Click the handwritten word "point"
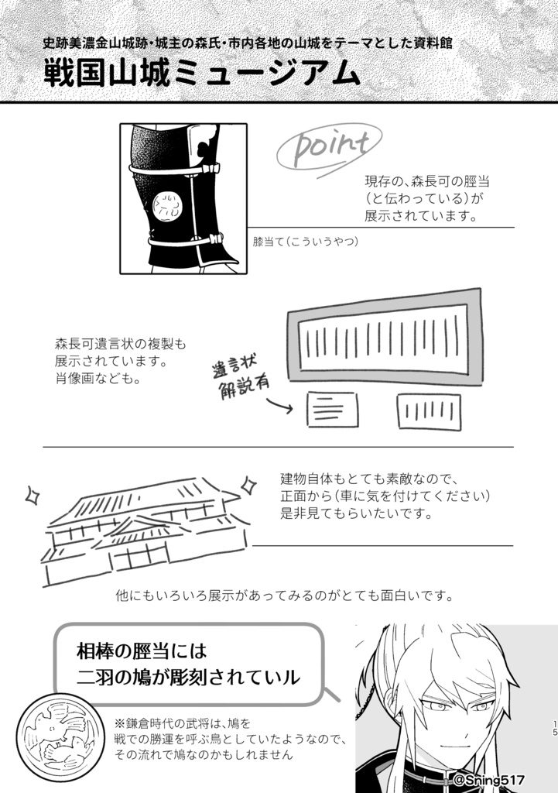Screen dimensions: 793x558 pyautogui.click(x=324, y=147)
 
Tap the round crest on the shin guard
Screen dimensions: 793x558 pyautogui.click(x=165, y=205)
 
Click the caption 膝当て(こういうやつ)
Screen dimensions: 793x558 pyautogui.click(x=306, y=242)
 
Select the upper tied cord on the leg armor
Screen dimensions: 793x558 pyautogui.click(x=174, y=167)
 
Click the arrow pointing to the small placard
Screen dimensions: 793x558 pyautogui.click(x=278, y=406)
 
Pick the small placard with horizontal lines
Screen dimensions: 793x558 pyautogui.click(x=332, y=409)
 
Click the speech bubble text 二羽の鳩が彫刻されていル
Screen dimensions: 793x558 pyautogui.click(x=188, y=676)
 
